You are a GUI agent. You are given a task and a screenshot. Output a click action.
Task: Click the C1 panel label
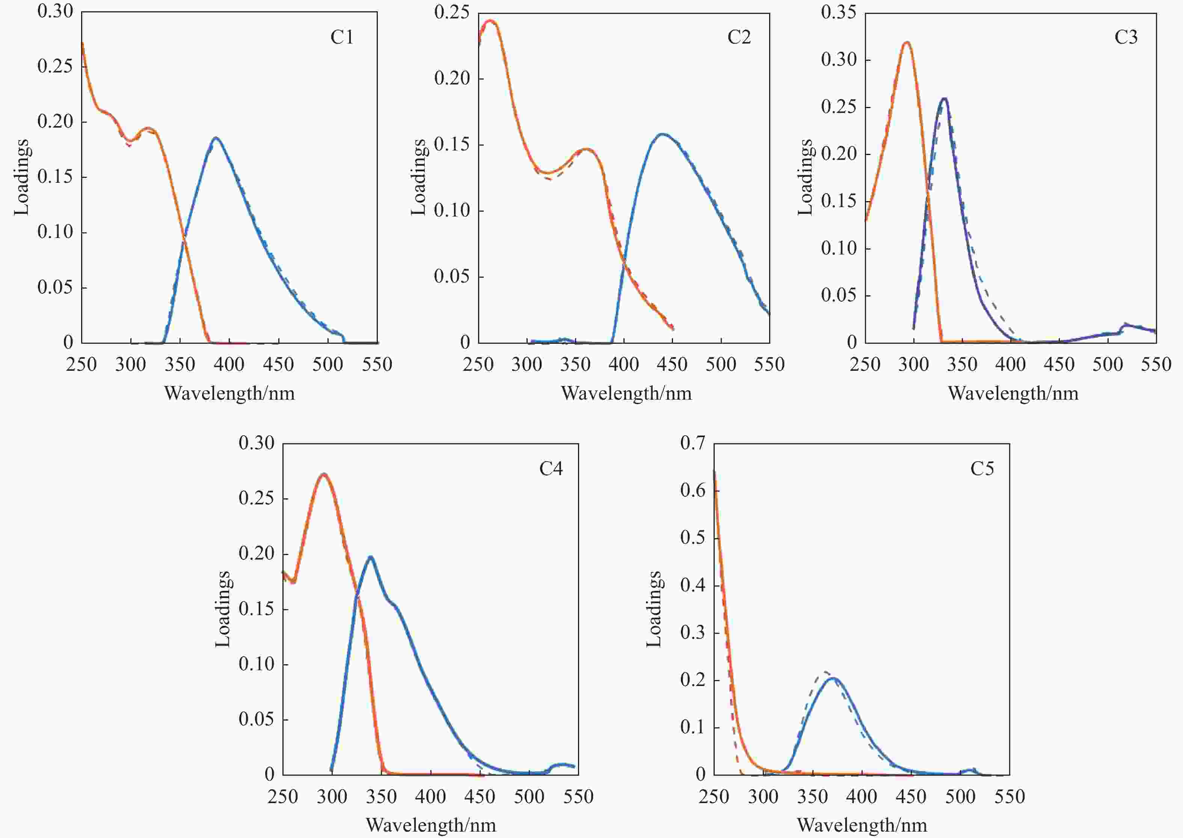pos(342,37)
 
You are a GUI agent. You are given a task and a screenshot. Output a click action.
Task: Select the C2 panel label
pos(739,37)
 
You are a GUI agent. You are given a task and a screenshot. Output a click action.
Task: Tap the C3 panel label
pos(1126,37)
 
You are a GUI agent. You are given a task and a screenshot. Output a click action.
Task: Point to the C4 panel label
pos(551,468)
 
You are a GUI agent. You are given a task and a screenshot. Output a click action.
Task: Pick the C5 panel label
pos(982,468)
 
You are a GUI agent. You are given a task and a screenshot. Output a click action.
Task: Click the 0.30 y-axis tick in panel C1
pos(55,11)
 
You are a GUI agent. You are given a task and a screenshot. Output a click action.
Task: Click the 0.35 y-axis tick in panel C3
pos(839,12)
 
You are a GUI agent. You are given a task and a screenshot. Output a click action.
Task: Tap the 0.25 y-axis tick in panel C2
pos(452,12)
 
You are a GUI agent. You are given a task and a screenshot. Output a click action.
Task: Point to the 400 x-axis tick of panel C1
pos(229,365)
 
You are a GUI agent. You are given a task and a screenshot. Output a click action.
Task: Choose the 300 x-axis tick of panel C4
pos(332,797)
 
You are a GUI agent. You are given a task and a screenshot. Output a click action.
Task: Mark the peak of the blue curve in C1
pos(215,138)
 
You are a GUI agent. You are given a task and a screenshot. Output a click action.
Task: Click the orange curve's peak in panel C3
pos(907,42)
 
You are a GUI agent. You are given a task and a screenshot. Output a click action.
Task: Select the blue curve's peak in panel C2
pos(662,134)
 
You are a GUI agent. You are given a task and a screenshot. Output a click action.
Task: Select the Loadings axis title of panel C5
pos(654,609)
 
